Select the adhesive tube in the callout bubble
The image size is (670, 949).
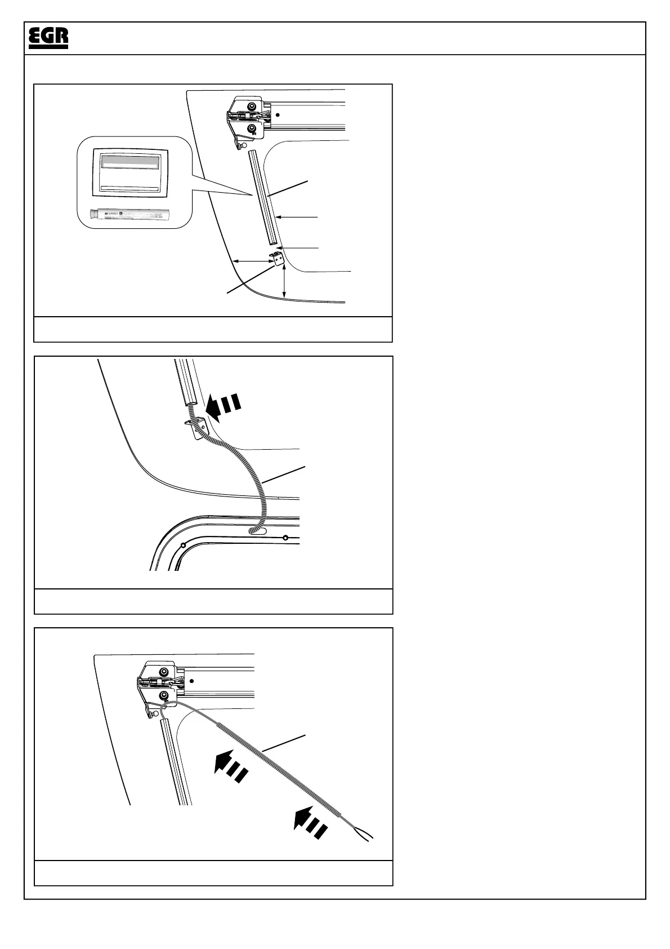coord(129,215)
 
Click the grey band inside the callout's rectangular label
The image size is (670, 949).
coord(129,162)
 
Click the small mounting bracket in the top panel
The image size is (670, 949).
coord(275,258)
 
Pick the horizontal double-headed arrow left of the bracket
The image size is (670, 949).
coord(252,260)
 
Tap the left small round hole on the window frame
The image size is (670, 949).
coord(183,545)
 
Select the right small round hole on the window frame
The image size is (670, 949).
coord(285,537)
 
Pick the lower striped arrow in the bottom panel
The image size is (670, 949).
coord(310,824)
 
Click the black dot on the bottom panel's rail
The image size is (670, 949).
coord(191,681)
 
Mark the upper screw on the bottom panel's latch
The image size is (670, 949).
coord(164,672)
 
